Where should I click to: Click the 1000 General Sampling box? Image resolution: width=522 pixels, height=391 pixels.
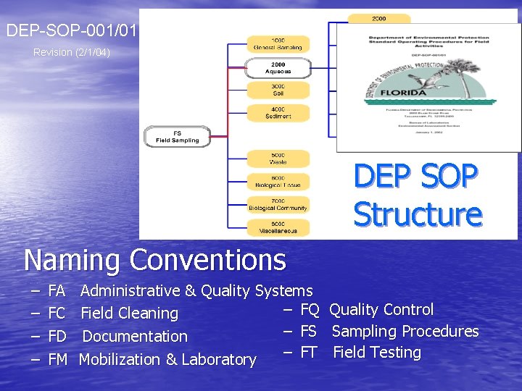(x=278, y=43)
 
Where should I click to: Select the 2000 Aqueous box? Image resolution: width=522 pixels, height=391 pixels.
(x=278, y=68)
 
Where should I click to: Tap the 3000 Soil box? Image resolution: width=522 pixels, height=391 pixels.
(x=278, y=90)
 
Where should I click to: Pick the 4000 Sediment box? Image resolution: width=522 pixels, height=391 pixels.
(x=278, y=112)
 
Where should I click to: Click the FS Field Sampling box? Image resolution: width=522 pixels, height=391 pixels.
(x=178, y=136)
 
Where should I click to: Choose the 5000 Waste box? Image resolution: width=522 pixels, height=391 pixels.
(x=278, y=159)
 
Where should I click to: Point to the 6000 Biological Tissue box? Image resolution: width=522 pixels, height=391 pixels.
(x=278, y=181)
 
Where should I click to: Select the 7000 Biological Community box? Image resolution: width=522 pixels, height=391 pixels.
(x=278, y=204)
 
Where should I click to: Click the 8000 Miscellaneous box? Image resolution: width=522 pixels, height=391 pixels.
(x=278, y=227)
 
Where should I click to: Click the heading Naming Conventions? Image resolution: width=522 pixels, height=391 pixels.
(x=154, y=259)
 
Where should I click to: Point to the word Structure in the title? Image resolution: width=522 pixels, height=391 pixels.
(x=418, y=214)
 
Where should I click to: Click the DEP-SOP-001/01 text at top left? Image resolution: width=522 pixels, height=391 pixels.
(x=70, y=30)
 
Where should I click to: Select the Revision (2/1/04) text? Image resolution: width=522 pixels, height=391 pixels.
(x=72, y=52)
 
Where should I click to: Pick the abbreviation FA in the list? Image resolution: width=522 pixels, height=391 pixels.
(x=57, y=291)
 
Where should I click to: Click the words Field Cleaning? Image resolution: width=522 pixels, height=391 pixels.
(x=129, y=314)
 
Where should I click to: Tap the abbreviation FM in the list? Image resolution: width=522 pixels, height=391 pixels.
(x=58, y=359)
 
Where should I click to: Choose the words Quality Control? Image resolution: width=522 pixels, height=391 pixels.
(x=381, y=310)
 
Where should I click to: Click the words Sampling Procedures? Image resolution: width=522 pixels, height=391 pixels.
(x=405, y=332)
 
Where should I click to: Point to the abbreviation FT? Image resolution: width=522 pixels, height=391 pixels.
(x=308, y=353)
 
